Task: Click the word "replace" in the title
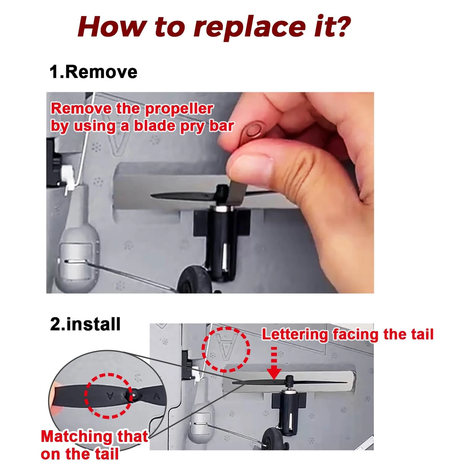click(x=249, y=27)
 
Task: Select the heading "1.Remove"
click(x=93, y=72)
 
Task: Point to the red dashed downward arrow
click(x=274, y=363)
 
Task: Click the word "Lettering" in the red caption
click(x=295, y=334)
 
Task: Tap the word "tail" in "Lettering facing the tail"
click(x=422, y=334)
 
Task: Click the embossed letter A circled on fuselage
click(x=226, y=346)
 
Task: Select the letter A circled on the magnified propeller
click(x=110, y=395)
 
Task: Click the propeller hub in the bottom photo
click(x=289, y=380)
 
